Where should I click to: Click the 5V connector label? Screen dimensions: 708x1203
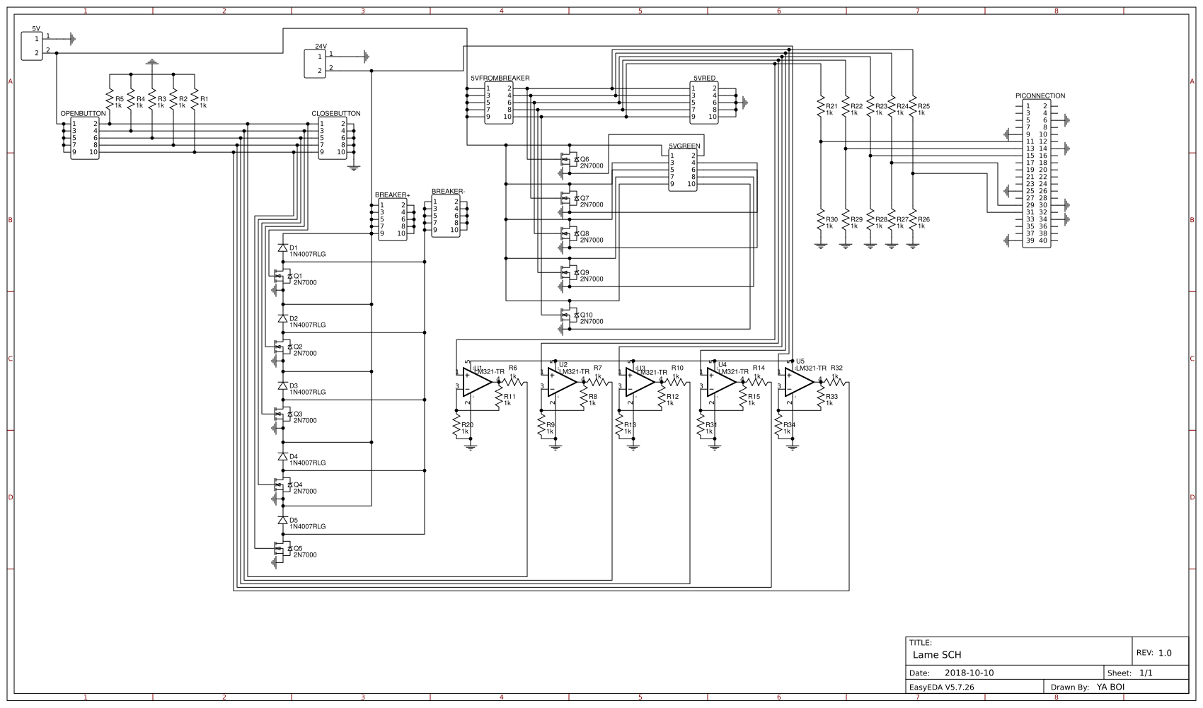(x=36, y=28)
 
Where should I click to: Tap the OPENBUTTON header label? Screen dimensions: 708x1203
(x=83, y=113)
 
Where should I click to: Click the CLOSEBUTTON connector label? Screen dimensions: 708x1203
(x=336, y=113)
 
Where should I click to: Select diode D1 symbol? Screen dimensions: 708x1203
(x=283, y=248)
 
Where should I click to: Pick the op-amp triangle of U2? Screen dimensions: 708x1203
(x=561, y=383)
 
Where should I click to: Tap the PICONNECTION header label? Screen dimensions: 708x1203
(x=1040, y=95)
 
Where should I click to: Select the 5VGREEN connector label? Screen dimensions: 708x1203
(x=684, y=146)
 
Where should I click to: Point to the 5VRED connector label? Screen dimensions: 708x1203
(x=704, y=78)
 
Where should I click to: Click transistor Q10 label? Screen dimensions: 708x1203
(x=586, y=315)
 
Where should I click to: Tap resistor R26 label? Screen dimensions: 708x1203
(x=923, y=219)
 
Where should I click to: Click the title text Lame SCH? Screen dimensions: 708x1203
(x=937, y=655)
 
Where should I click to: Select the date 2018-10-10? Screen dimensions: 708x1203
(x=969, y=673)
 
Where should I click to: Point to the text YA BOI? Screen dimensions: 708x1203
(x=1110, y=687)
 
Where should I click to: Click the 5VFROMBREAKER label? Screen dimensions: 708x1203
(x=500, y=78)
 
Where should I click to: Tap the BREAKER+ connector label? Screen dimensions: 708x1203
(x=392, y=195)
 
